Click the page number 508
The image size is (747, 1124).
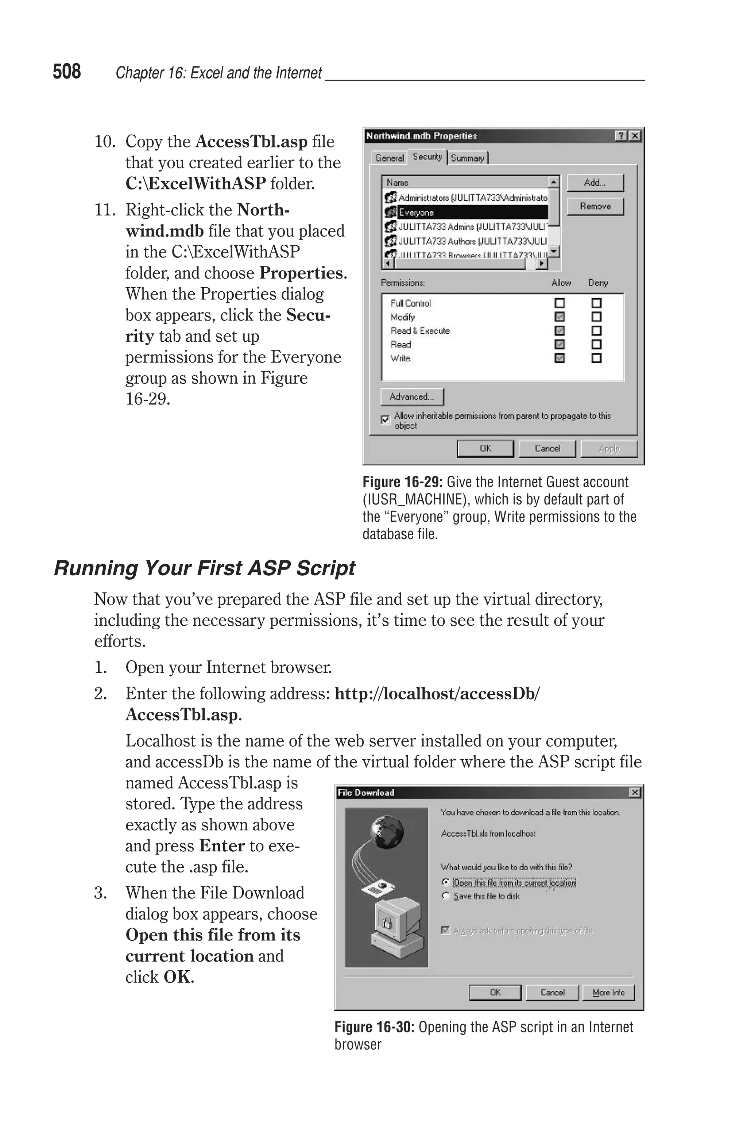[67, 72]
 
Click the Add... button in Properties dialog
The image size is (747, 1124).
[595, 183]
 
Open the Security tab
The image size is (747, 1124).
[427, 157]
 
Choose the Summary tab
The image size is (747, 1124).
[467, 158]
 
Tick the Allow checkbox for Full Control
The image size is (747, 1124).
[560, 303]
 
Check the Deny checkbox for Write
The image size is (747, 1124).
[596, 358]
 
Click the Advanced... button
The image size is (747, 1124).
[411, 396]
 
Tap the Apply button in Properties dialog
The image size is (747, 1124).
[608, 449]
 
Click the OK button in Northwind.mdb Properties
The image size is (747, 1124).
[485, 449]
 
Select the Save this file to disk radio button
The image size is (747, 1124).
[446, 896]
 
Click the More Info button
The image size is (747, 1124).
[608, 993]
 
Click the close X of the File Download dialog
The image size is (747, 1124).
[635, 792]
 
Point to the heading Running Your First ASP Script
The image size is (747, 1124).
[204, 568]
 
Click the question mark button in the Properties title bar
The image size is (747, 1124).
[621, 136]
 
